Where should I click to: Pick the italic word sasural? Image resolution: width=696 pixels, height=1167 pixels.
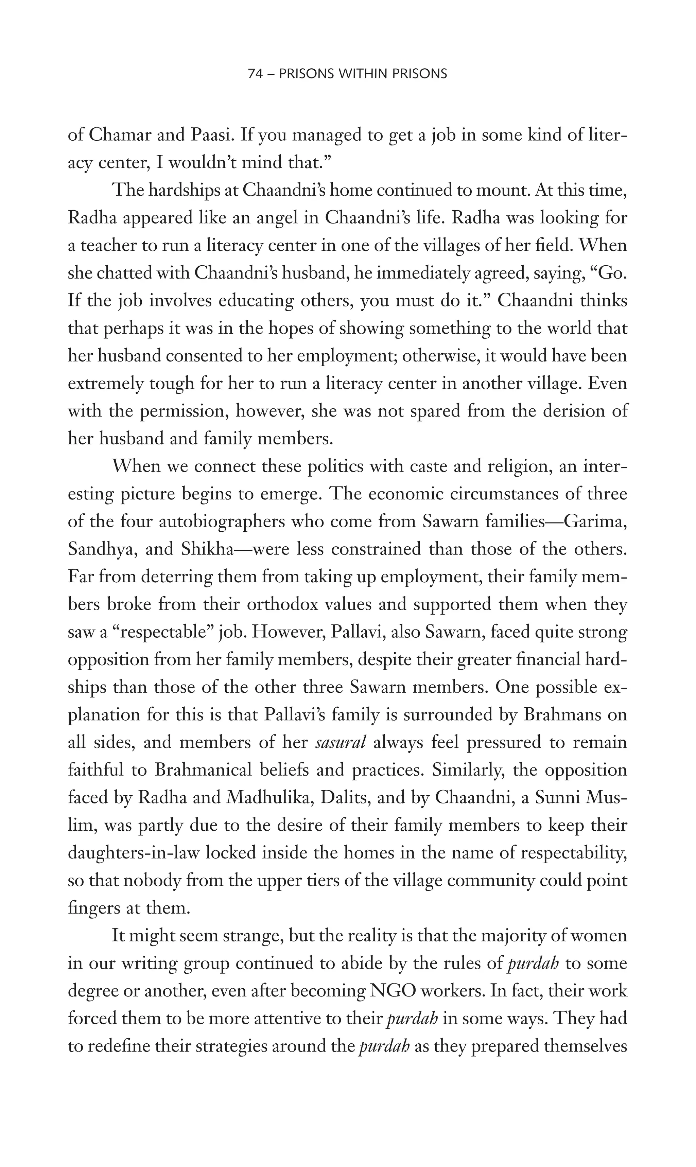341,743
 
